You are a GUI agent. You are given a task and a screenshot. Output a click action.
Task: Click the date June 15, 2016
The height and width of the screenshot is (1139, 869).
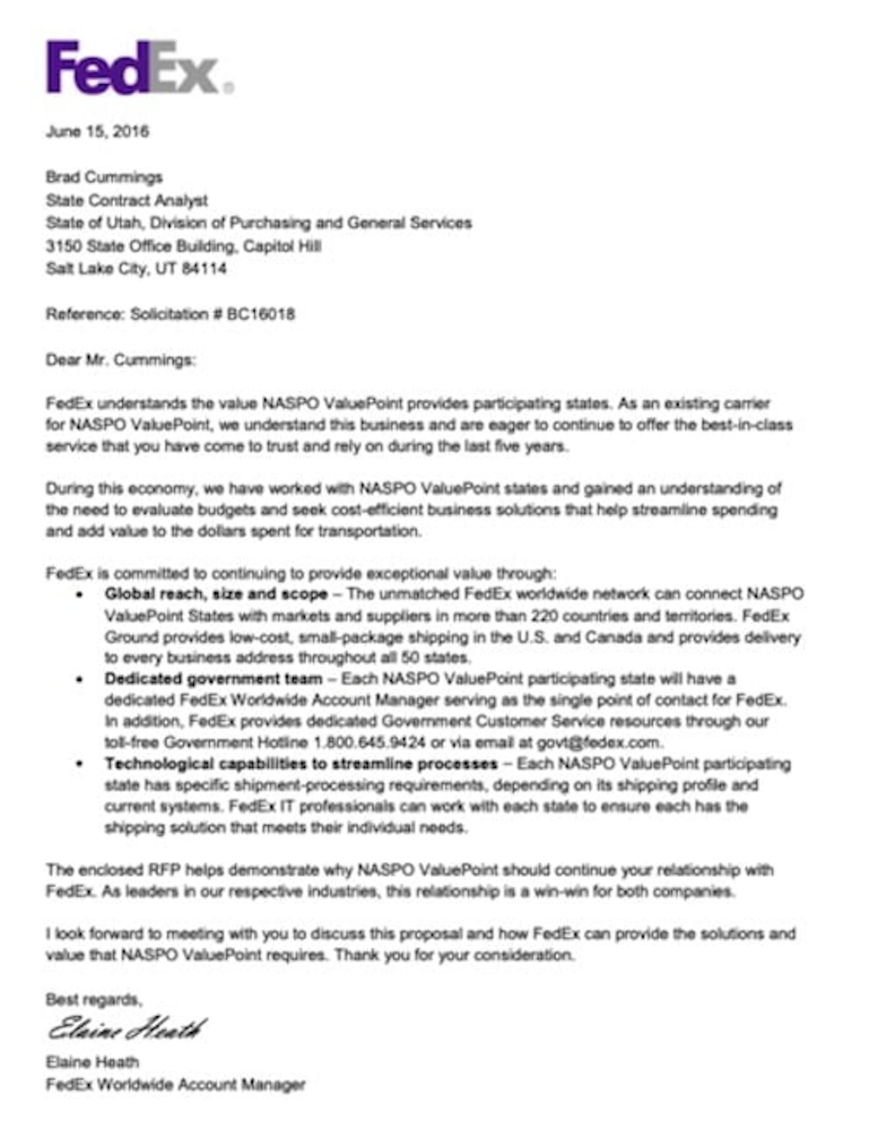[x=97, y=131]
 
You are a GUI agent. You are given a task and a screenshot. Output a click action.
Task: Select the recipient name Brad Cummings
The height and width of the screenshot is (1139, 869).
[x=104, y=178]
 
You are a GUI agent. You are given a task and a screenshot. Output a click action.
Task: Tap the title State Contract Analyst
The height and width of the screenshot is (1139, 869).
[x=127, y=200]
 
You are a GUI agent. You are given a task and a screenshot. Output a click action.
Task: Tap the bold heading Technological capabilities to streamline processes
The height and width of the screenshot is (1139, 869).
[x=301, y=764]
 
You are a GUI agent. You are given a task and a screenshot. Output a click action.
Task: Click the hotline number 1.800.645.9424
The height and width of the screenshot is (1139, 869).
[x=370, y=743]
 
